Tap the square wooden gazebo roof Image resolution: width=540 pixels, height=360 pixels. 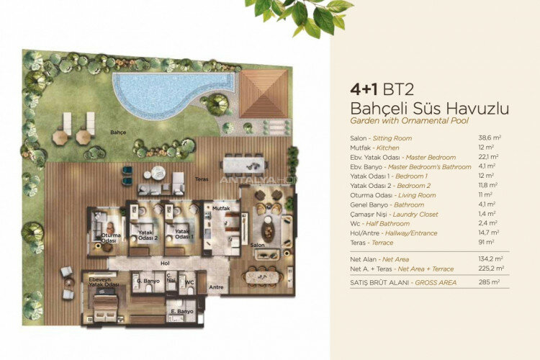click(x=264, y=94)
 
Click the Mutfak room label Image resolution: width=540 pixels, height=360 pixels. click(x=220, y=208)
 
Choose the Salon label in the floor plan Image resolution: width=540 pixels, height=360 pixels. click(x=257, y=245)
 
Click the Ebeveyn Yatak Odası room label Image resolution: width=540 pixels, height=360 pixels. click(x=99, y=282)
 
